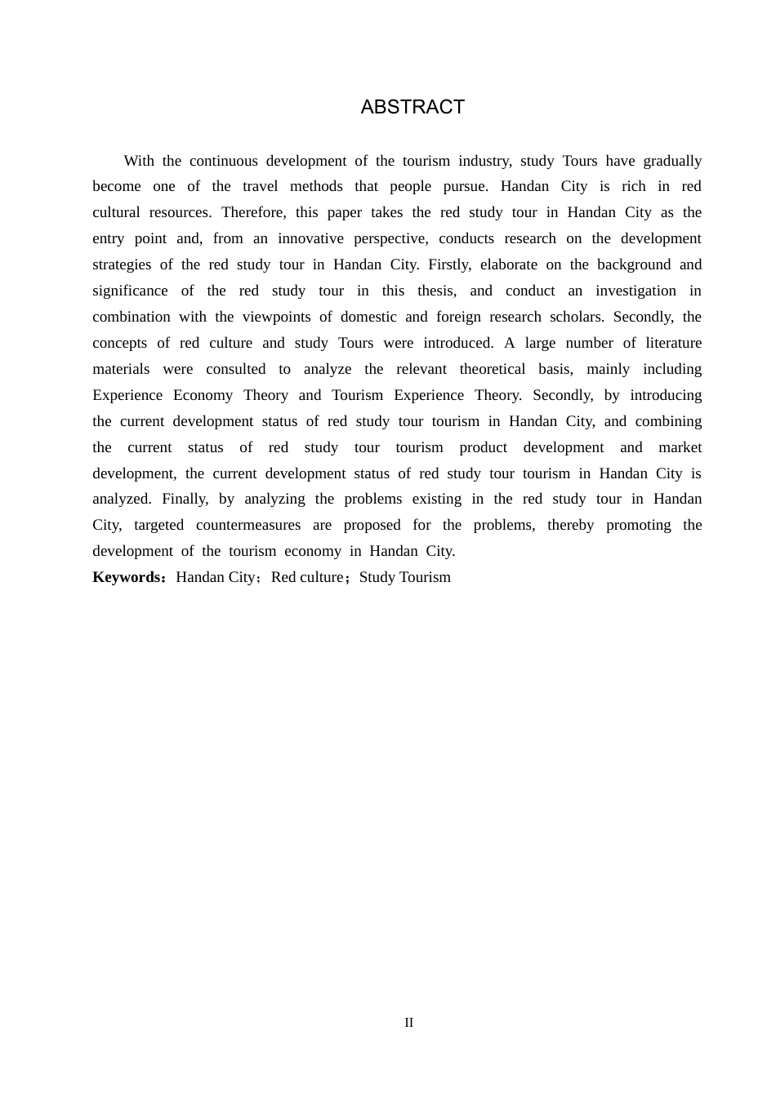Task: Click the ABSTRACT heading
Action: [x=413, y=107]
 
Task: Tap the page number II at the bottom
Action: [x=409, y=1023]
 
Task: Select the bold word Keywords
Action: [x=128, y=577]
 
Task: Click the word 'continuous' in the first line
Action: [x=223, y=161]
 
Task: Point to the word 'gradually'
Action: [x=672, y=161]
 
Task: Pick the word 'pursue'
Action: [x=466, y=186]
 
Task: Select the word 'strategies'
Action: [x=122, y=264]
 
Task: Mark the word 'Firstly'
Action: [x=449, y=264]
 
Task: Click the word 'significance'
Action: [x=130, y=291]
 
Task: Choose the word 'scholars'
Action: [x=572, y=317]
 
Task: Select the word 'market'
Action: [x=680, y=447]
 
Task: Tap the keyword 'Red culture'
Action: [x=307, y=577]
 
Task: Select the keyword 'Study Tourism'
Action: [x=405, y=577]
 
